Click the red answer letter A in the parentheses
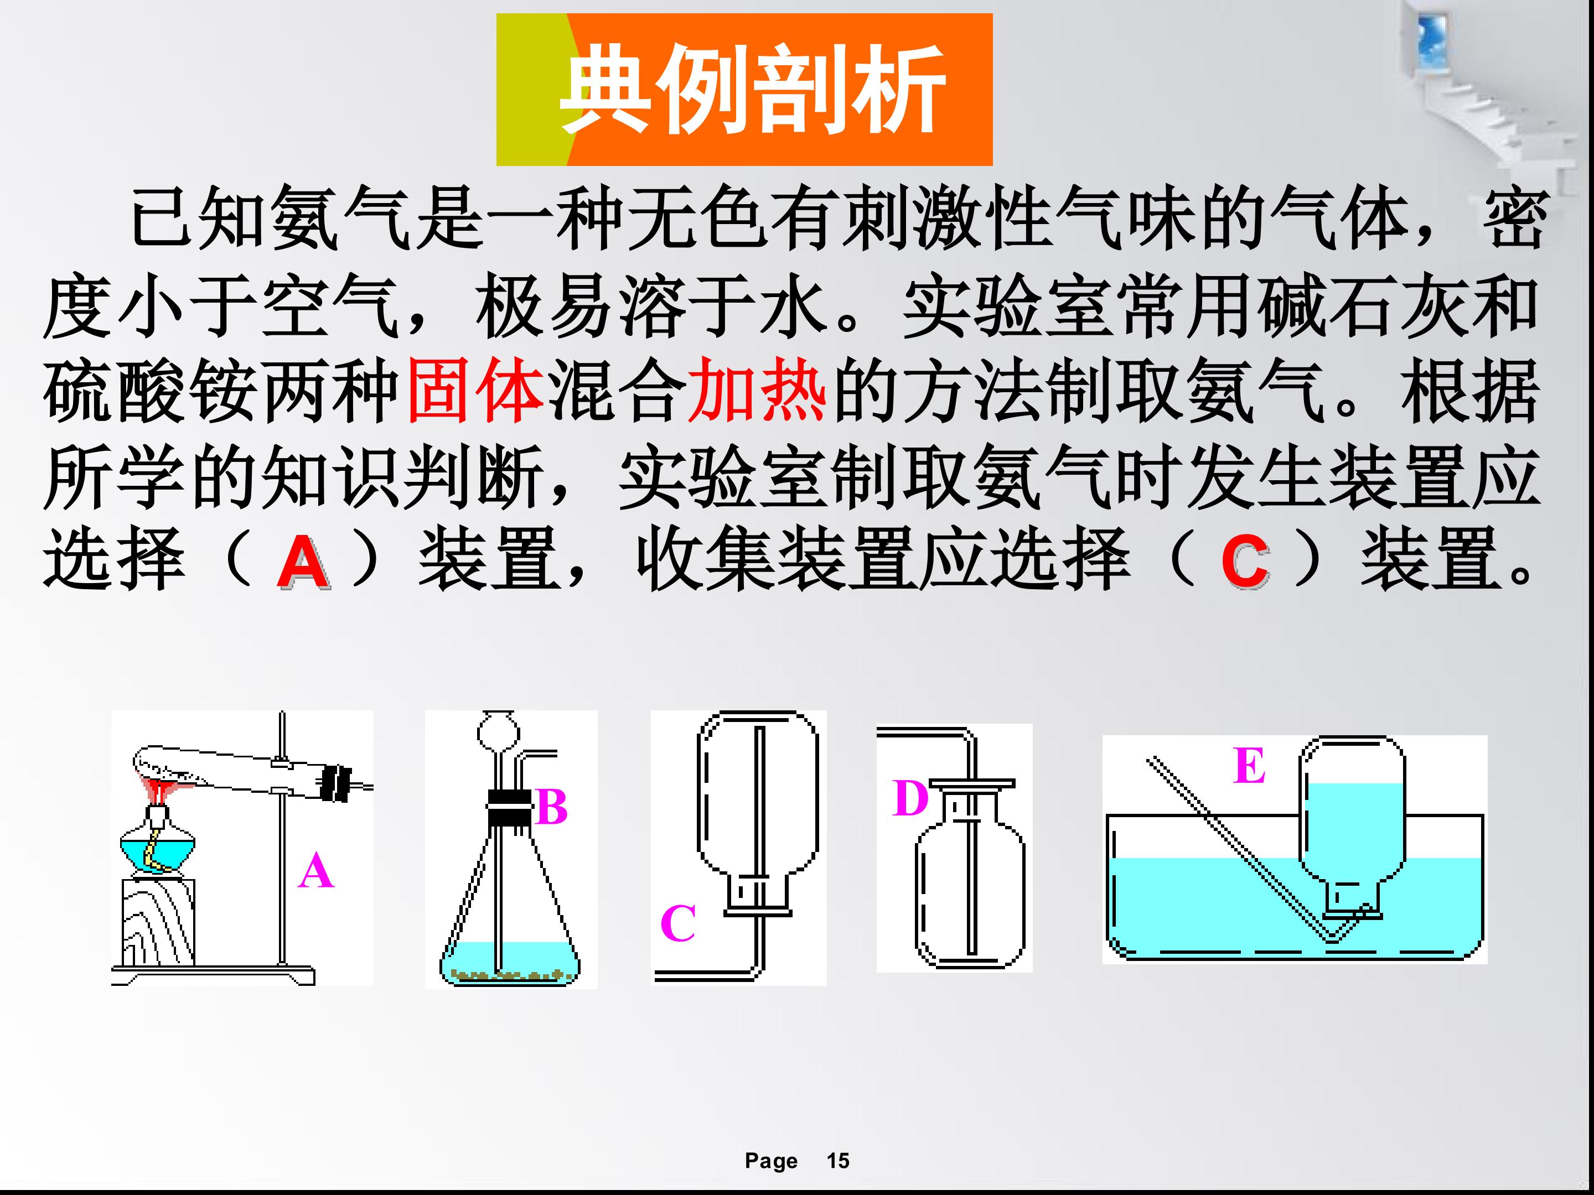click(303, 563)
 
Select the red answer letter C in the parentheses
click(1245, 563)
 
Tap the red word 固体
click(475, 389)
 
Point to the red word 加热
click(757, 389)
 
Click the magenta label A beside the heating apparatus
click(315, 871)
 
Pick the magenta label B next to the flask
click(552, 807)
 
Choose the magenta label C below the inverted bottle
click(678, 923)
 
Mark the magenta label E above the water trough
click(1249, 765)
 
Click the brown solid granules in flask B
click(509, 975)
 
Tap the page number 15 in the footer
click(838, 1161)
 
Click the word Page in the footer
click(771, 1162)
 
